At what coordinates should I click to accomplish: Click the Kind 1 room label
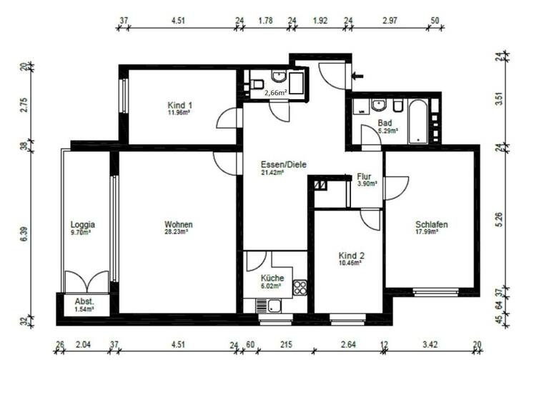(x=179, y=105)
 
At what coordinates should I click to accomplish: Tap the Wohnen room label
(x=178, y=224)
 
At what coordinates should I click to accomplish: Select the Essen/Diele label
(x=283, y=164)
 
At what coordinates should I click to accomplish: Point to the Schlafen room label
(x=431, y=224)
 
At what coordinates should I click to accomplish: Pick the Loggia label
(x=83, y=224)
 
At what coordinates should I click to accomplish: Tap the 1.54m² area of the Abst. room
(x=84, y=309)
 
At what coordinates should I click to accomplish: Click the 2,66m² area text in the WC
(x=275, y=93)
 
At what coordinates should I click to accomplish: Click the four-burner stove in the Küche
(x=300, y=288)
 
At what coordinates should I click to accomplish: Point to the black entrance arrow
(x=357, y=75)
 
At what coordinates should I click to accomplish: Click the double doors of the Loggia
(x=86, y=281)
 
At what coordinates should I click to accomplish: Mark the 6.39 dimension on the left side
(x=24, y=234)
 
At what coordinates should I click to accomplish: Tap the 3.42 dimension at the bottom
(x=430, y=344)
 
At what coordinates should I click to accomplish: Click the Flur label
(x=365, y=176)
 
